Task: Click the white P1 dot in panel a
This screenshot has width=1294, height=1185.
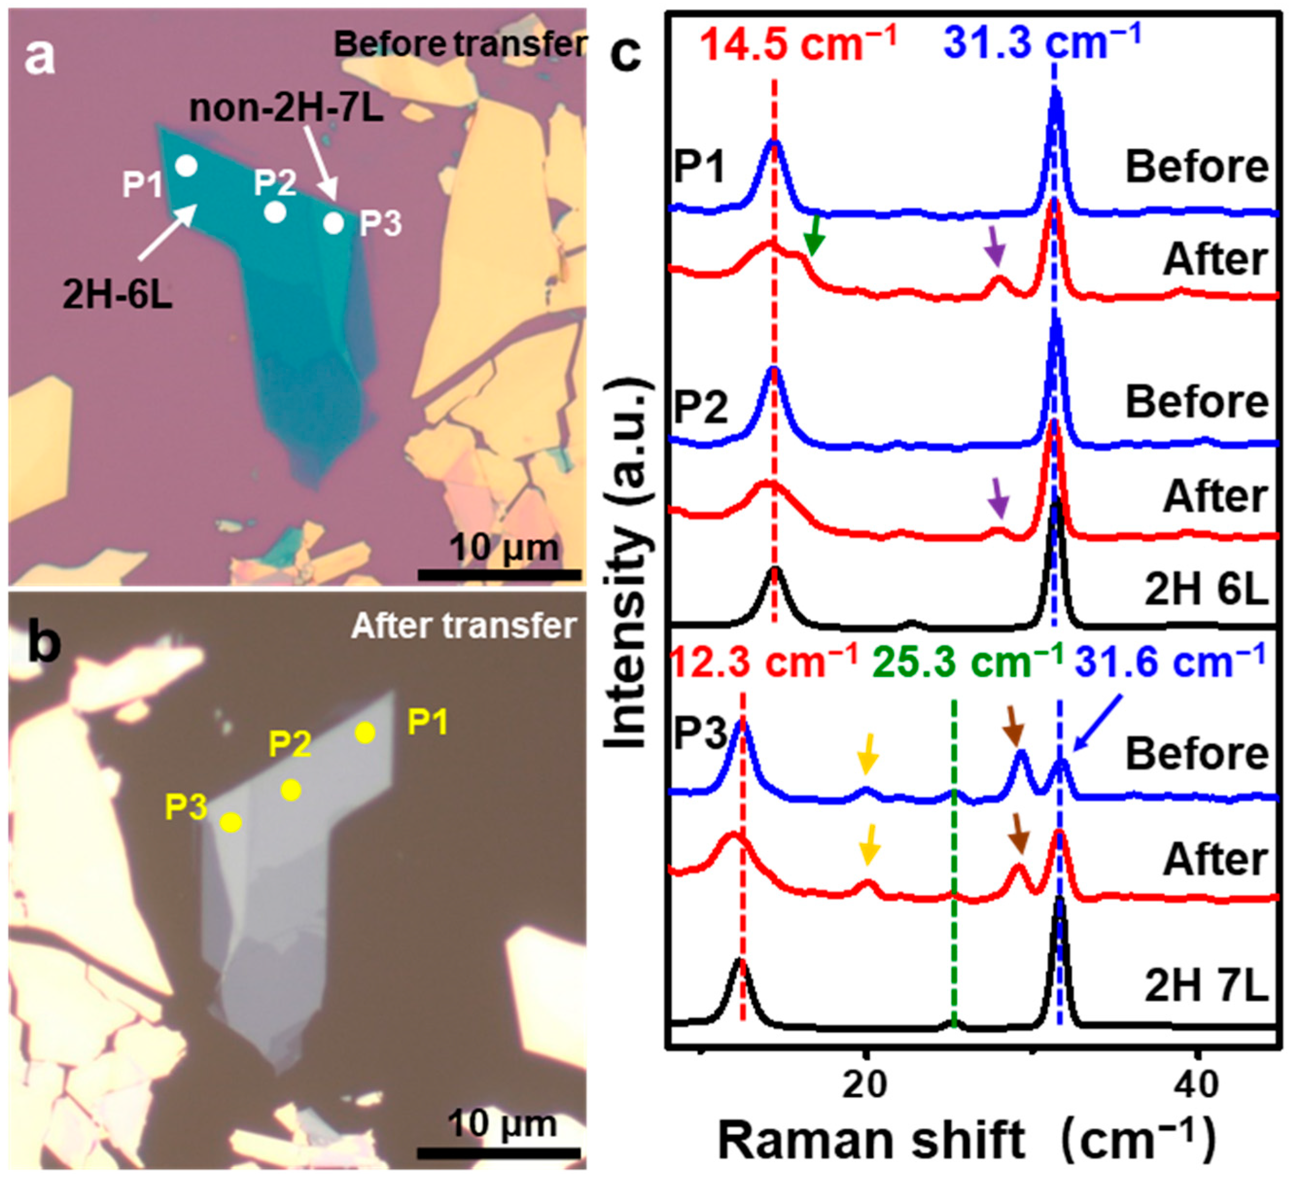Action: (186, 167)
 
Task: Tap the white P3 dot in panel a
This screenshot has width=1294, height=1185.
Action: (333, 223)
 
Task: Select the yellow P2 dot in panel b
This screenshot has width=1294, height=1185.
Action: (291, 790)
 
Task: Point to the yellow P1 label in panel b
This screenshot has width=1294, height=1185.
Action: (428, 724)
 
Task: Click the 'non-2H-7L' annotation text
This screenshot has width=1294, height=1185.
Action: (286, 109)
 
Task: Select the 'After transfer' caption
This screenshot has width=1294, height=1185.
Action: (463, 626)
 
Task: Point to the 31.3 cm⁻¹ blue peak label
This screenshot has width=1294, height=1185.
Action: (1042, 40)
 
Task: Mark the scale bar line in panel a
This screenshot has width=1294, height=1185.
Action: (499, 574)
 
